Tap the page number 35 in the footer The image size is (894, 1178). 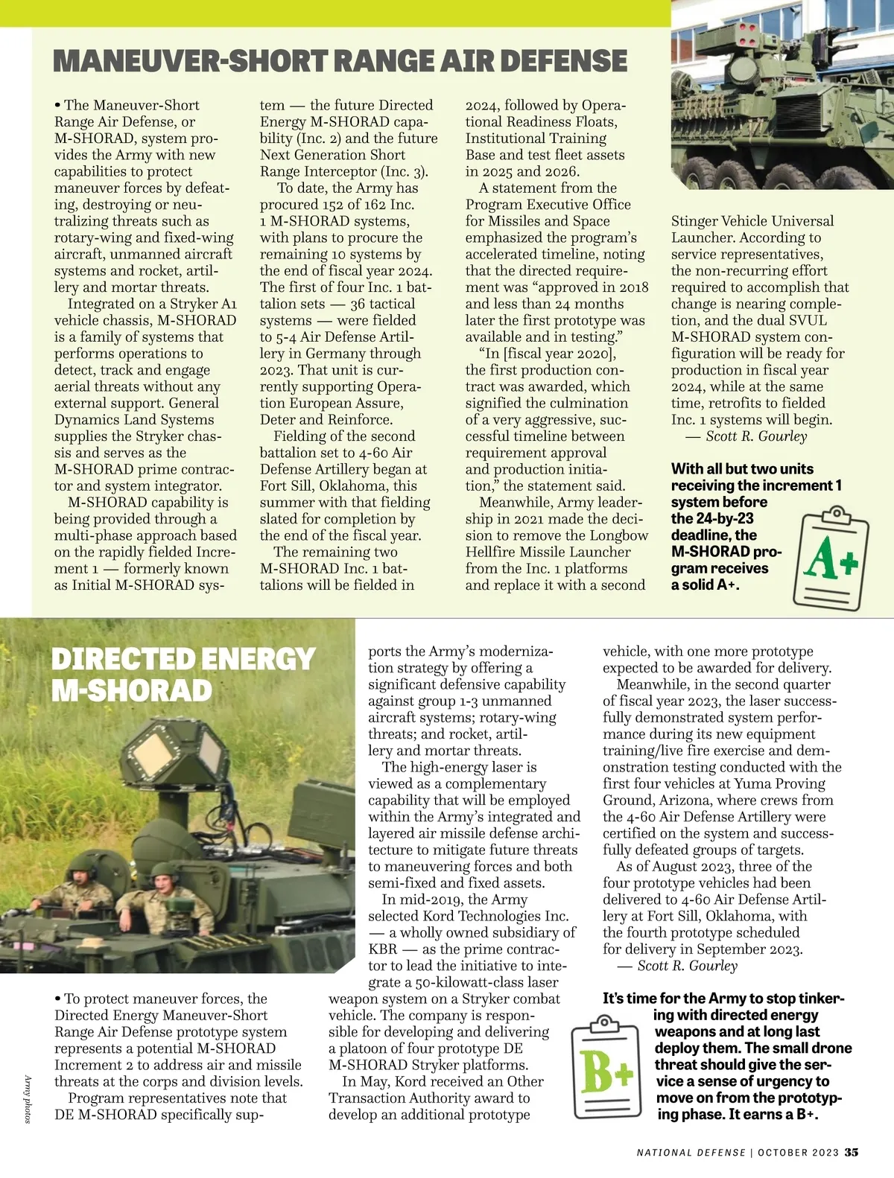(852, 1152)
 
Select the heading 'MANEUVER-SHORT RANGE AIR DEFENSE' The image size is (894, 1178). (340, 61)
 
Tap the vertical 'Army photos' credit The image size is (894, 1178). (28, 1098)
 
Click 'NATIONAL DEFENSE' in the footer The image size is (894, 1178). (691, 1153)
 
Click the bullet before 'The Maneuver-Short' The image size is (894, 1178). (57, 105)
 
